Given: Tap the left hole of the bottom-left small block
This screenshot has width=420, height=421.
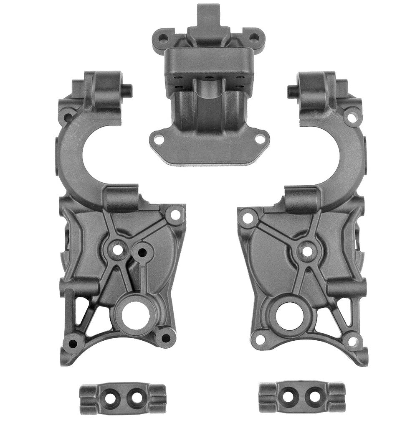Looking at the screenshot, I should [x=110, y=396].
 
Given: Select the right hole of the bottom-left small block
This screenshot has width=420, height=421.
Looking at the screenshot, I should [x=135, y=396].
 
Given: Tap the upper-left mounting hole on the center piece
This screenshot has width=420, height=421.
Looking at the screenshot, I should [x=163, y=38].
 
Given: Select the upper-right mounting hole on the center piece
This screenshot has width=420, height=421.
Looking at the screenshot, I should [x=254, y=38].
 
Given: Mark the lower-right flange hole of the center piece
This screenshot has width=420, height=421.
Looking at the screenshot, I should [x=260, y=140].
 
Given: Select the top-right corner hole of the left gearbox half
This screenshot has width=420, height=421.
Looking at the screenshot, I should [x=175, y=215].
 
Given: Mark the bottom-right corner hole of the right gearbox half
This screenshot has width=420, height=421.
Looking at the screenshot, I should [x=352, y=341].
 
